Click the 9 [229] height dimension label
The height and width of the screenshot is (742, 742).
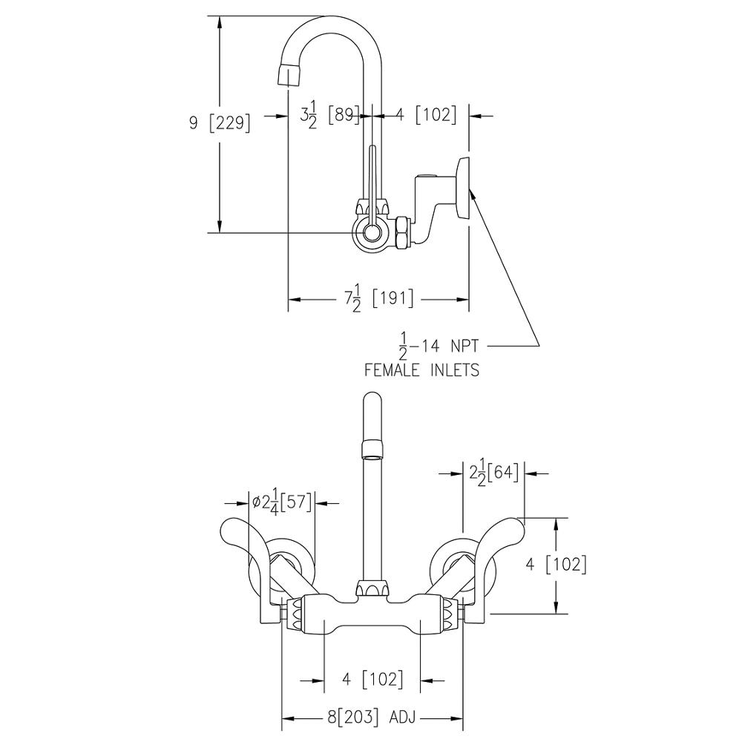coord(220,123)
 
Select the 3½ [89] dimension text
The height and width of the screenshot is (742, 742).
coord(330,116)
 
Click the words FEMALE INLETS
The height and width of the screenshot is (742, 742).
coord(421,370)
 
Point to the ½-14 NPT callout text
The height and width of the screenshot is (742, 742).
coord(439,346)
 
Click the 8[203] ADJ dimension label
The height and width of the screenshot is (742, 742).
coord(372,718)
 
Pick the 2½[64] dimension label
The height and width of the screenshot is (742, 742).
coord(493,473)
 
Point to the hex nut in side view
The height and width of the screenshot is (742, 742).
coord(401,233)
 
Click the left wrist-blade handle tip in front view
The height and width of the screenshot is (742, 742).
coord(230,526)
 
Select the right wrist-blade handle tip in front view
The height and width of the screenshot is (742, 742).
coord(514,525)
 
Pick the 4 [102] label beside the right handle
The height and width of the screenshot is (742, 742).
coord(556,565)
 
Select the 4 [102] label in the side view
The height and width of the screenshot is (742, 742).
coord(427,116)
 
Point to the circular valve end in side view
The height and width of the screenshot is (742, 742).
coord(373,233)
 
